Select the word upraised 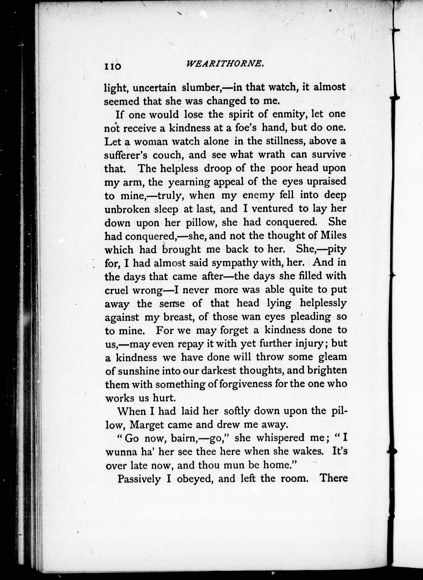click(326, 181)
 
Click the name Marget click(147, 425)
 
